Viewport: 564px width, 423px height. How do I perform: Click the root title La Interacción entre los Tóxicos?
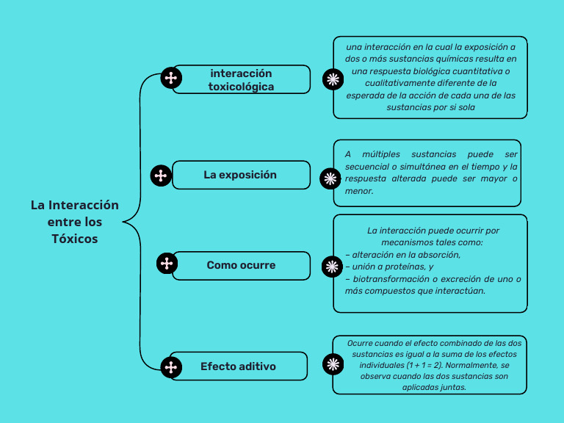pyautogui.click(x=75, y=222)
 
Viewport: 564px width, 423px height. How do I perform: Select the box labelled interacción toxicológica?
pyautogui.click(x=241, y=80)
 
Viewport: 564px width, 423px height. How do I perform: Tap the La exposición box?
pyautogui.click(x=240, y=176)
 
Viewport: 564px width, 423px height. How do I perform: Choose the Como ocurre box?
pyautogui.click(x=241, y=265)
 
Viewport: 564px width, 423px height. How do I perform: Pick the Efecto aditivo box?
pyautogui.click(x=238, y=366)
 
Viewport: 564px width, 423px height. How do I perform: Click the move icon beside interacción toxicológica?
pyautogui.click(x=170, y=79)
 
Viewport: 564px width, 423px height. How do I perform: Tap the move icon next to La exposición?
pyautogui.click(x=161, y=176)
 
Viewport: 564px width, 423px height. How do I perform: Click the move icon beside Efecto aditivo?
pyautogui.click(x=171, y=366)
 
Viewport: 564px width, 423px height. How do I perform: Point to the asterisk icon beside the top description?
pyautogui.click(x=333, y=79)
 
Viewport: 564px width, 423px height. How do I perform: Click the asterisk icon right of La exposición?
pyautogui.click(x=331, y=178)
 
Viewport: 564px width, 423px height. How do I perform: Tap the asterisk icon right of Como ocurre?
pyautogui.click(x=332, y=266)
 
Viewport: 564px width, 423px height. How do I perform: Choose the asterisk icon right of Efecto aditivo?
pyautogui.click(x=333, y=364)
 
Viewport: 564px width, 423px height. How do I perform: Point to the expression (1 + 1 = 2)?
pyautogui.click(x=422, y=364)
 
